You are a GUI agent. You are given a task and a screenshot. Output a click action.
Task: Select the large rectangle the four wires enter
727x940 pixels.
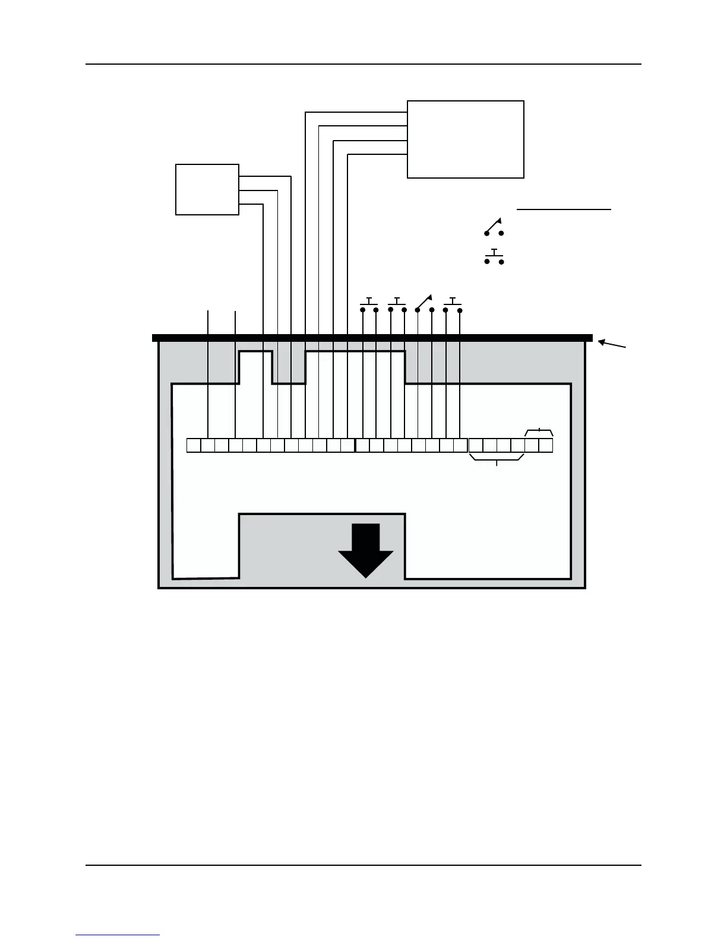coord(465,139)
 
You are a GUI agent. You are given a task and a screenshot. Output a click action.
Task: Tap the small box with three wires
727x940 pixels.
coord(207,189)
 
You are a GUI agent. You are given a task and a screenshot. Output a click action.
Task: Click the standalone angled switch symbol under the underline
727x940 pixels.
coord(494,227)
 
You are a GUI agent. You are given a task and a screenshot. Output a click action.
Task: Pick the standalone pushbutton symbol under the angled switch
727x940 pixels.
coord(494,258)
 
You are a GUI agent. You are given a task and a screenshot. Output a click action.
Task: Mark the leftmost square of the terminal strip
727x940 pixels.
coord(194,445)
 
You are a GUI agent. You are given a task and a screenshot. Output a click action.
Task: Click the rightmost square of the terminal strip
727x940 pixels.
coord(546,445)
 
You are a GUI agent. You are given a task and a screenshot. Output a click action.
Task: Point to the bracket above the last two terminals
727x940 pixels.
coord(539,431)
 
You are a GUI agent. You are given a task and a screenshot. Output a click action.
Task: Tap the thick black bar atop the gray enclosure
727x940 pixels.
coord(372,338)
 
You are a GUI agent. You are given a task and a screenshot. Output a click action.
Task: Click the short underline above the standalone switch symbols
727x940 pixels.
coord(564,209)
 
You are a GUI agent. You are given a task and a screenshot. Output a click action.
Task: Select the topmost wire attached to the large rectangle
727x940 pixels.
coord(356,112)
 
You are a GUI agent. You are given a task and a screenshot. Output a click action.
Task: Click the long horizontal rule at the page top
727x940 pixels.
coord(363,64)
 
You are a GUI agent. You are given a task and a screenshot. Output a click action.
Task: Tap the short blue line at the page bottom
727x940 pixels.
coord(118,935)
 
